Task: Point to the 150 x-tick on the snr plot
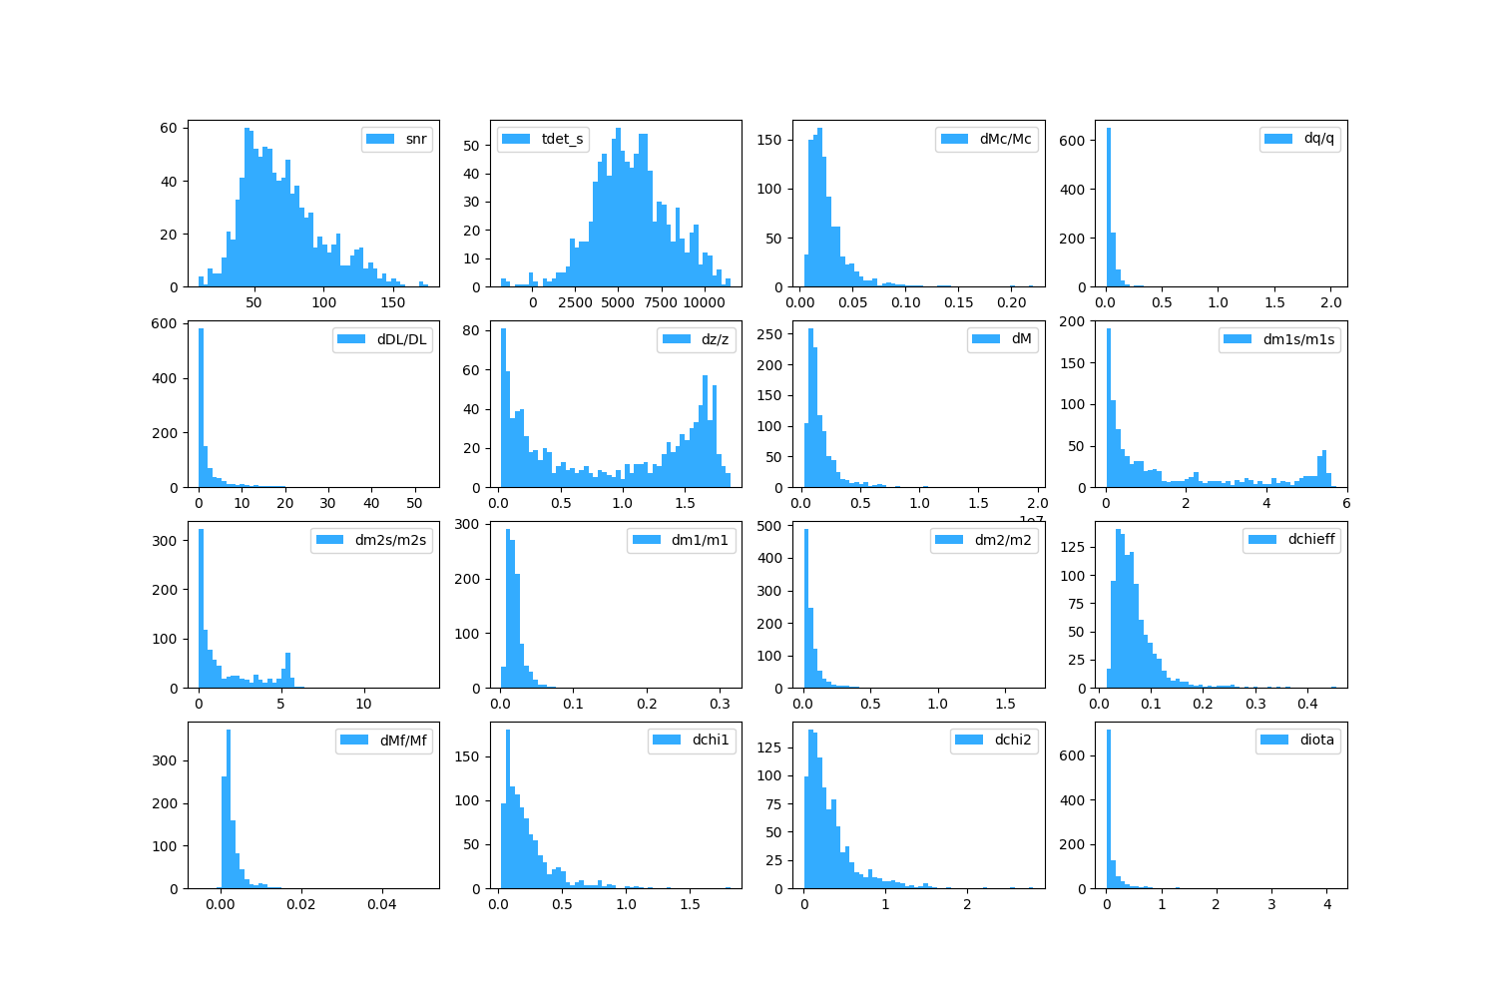pos(393,302)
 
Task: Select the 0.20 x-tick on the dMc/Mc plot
pos(1012,302)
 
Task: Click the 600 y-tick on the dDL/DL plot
pos(166,323)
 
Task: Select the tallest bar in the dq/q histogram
pos(1108,210)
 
